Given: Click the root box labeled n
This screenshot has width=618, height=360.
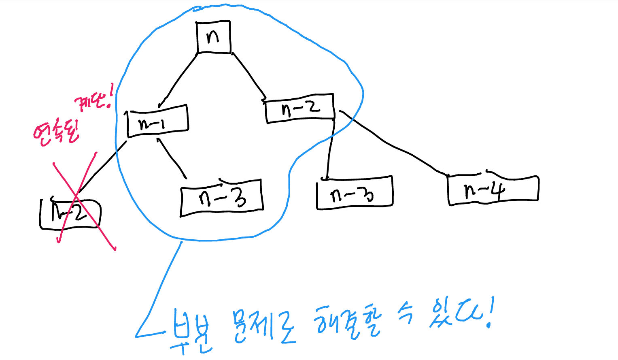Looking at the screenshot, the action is [213, 37].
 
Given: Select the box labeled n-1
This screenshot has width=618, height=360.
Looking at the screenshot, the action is [157, 121].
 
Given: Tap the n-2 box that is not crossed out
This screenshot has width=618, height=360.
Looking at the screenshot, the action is [300, 108].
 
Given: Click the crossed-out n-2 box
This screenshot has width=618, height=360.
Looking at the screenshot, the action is [70, 214].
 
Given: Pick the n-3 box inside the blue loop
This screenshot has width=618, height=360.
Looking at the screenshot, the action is [222, 197].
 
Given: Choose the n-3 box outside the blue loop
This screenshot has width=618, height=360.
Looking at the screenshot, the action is [354, 193].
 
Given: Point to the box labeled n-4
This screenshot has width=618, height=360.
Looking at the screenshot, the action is [493, 190].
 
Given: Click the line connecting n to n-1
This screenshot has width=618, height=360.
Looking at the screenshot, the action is [178, 79].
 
